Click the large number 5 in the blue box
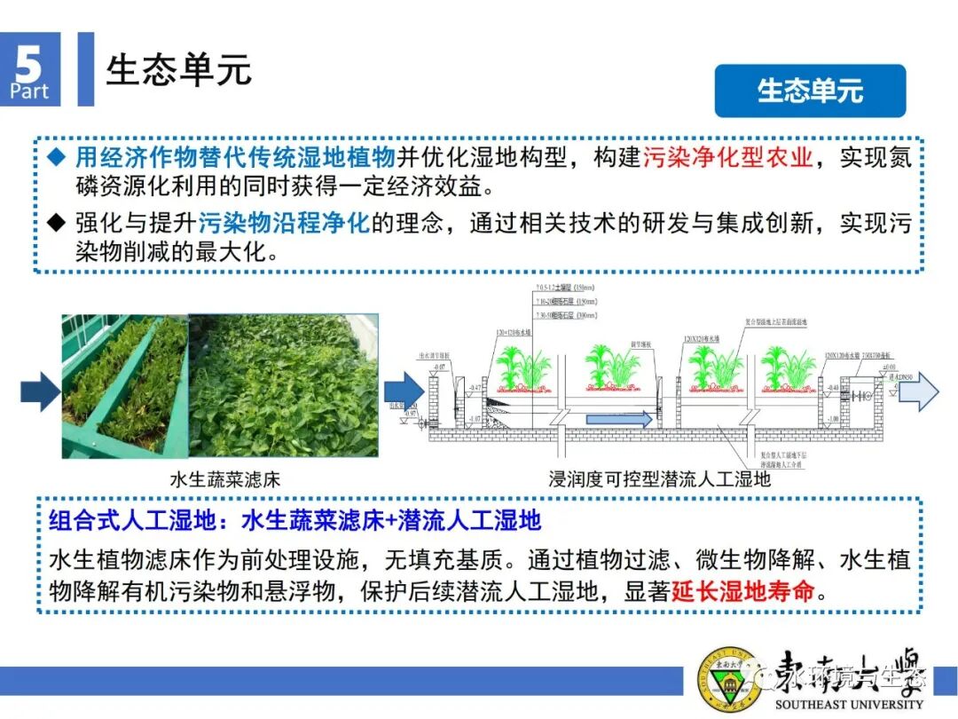[x=30, y=64]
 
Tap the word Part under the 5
[x=29, y=91]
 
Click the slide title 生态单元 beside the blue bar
[x=178, y=70]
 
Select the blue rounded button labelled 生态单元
[x=810, y=91]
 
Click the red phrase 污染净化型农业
[x=727, y=159]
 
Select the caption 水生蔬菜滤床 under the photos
[x=224, y=479]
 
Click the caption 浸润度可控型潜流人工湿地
[x=660, y=479]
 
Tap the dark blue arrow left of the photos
[x=40, y=391]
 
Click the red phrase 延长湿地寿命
[x=742, y=591]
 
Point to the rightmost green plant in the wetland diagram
[x=785, y=368]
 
